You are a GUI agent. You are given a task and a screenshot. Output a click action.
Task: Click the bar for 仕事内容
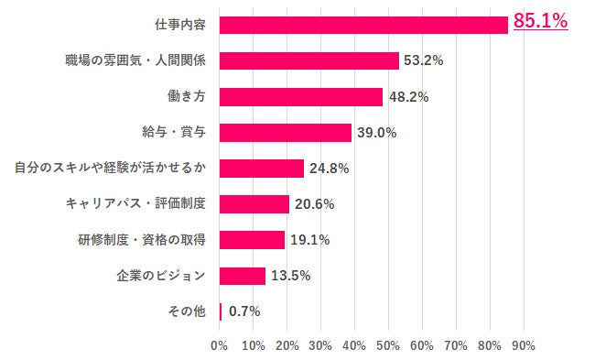coord(363,25)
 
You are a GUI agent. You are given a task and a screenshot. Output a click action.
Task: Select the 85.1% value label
coord(540,20)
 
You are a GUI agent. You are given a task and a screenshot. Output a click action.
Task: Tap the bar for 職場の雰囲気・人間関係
coord(309,60)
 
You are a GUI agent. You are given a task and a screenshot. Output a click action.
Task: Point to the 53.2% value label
coord(424,60)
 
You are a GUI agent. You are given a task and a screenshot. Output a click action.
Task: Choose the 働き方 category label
coord(186,96)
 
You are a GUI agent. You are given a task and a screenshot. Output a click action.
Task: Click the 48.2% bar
coord(301,96)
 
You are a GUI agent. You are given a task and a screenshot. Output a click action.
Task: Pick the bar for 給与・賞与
coord(286,132)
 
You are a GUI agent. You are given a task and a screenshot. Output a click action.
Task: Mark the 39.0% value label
coord(376,132)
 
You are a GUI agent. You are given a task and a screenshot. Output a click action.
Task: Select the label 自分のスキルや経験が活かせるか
coord(109,168)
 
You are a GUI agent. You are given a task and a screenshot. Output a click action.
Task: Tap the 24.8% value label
coord(329,169)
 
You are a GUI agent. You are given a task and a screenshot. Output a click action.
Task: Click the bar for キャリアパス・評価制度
coord(254,204)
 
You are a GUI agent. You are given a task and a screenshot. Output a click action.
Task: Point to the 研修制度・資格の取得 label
coord(141,240)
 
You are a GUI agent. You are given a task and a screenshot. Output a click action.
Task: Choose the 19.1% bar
coord(252,240)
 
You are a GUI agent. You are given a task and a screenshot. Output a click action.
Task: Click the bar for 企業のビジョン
coord(243,276)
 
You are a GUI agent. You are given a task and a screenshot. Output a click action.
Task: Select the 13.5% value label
coord(290,276)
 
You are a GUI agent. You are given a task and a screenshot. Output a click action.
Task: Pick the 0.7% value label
coord(244,311)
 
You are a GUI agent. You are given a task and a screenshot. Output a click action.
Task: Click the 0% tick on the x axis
coord(220,345)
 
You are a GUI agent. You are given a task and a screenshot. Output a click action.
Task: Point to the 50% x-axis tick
coord(388,345)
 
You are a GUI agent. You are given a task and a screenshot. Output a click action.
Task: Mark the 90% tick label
coord(523,345)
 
